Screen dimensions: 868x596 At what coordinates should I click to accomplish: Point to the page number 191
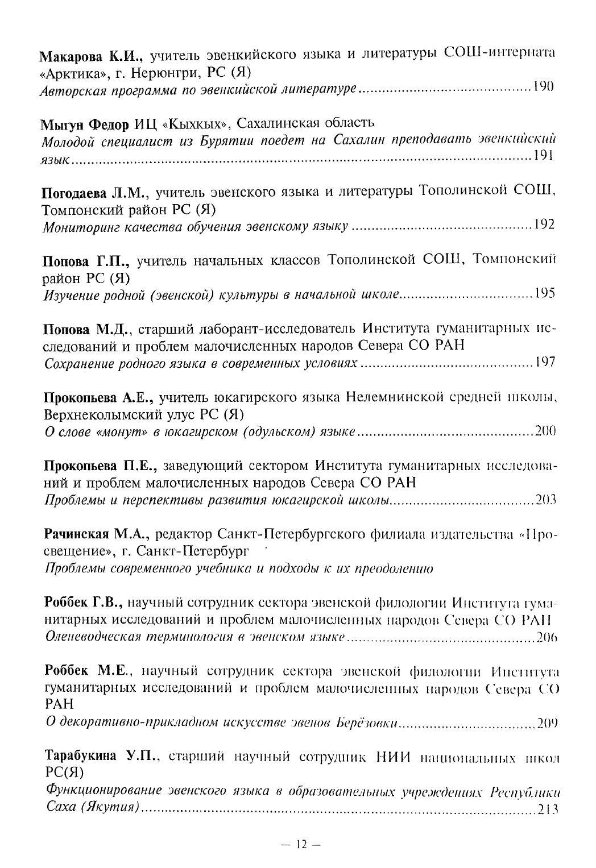pyautogui.click(x=544, y=156)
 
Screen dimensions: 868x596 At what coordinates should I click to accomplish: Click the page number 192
pyautogui.click(x=544, y=225)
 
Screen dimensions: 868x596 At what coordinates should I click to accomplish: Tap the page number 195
pyautogui.click(x=544, y=293)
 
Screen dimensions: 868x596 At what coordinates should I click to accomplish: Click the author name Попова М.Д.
pyautogui.click(x=89, y=330)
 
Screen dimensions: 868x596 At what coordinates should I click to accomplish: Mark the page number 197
pyautogui.click(x=545, y=362)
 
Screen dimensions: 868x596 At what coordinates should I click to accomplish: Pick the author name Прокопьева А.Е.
pyautogui.click(x=101, y=398)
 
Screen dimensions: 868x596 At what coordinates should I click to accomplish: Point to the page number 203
pyautogui.click(x=545, y=500)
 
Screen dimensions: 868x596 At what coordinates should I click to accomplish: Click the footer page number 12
pyautogui.click(x=301, y=845)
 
